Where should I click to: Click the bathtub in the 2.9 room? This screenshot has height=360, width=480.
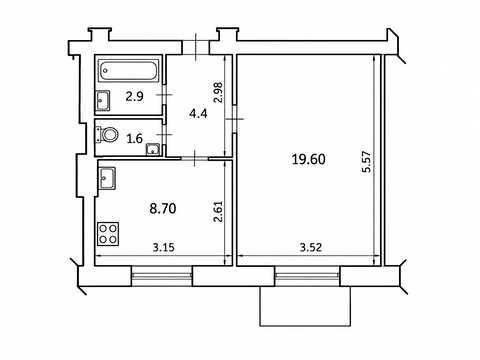(x=129, y=71)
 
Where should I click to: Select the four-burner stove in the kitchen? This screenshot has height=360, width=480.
(x=108, y=234)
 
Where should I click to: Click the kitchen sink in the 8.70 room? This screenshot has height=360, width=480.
(x=107, y=178)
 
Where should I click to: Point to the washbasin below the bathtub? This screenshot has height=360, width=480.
(x=103, y=101)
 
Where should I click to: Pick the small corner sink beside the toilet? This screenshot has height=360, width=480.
(x=153, y=149)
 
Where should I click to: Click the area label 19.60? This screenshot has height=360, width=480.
(x=308, y=159)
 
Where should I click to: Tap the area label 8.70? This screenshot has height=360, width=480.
(x=163, y=209)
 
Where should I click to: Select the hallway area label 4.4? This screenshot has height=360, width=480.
(x=198, y=114)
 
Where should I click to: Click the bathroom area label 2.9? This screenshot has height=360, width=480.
(x=134, y=97)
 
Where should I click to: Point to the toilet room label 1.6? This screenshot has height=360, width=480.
(x=135, y=138)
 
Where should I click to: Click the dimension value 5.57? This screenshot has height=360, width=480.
(x=366, y=161)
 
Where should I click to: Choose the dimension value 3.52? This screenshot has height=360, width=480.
(x=311, y=247)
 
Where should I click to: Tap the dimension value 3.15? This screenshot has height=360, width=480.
(x=164, y=247)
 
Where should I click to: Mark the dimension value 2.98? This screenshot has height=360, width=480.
(x=218, y=92)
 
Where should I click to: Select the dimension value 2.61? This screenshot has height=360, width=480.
(x=218, y=211)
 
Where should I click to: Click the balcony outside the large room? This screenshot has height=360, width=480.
(x=305, y=306)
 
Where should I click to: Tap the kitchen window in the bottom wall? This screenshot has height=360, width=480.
(x=162, y=276)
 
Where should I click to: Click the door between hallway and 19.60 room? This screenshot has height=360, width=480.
(x=235, y=119)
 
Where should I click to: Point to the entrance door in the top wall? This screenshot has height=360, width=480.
(x=196, y=47)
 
